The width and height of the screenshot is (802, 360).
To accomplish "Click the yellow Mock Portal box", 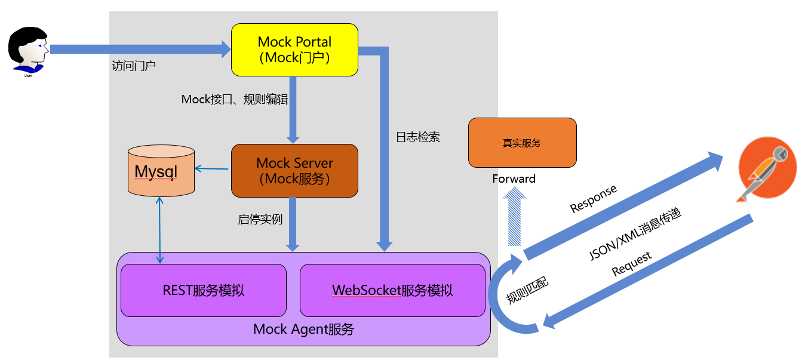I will pos(294,50).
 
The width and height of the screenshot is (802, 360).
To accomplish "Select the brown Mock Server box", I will pos(294,170).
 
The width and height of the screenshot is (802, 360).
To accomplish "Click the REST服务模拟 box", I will pos(204,291).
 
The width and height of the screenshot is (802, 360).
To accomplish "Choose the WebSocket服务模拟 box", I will pos(392,291).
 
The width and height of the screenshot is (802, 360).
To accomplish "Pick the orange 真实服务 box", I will pos(522,143).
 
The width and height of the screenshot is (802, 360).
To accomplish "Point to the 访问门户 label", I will pos(134,66).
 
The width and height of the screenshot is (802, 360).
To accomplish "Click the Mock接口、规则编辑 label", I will pos(235,99).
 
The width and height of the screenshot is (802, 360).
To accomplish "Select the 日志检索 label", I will pos(418,137).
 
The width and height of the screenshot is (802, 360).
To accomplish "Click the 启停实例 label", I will pos(260,219).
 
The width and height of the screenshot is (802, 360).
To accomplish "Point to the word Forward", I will pos(514,179).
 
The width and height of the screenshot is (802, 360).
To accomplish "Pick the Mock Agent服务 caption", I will pos(303,329).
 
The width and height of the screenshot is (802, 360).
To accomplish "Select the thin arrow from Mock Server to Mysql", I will pos(213,170).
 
